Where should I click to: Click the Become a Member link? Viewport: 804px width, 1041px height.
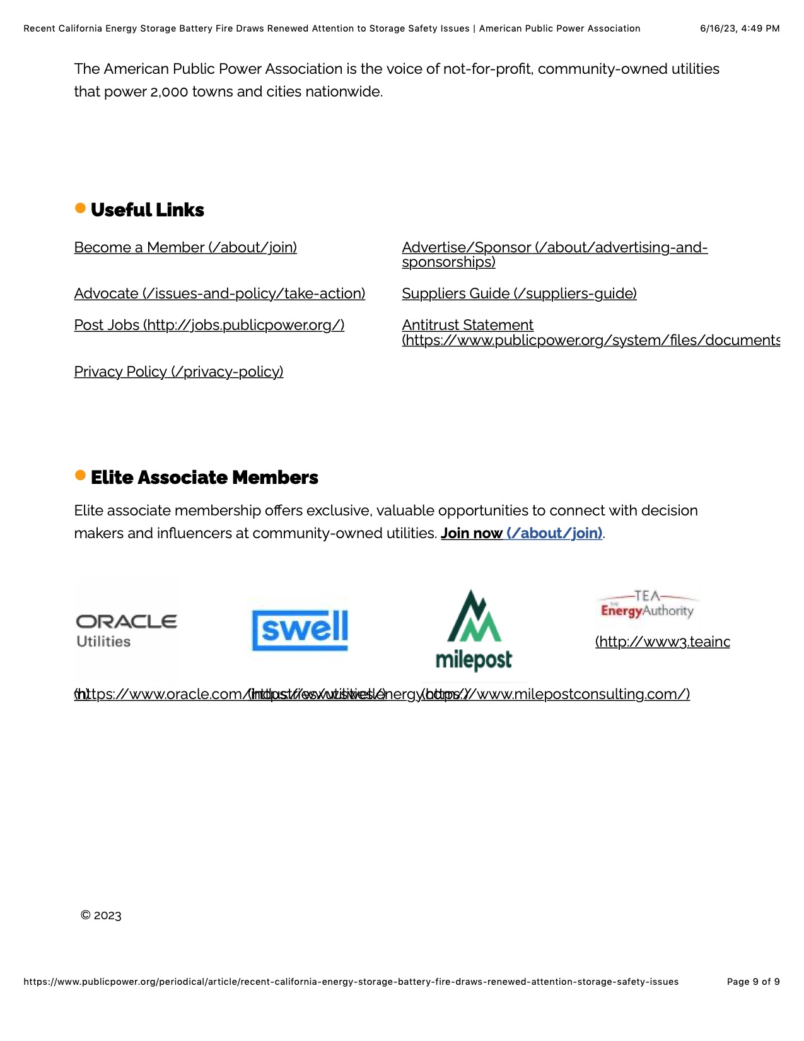coord(185,247)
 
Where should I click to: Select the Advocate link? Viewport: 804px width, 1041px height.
coord(219,293)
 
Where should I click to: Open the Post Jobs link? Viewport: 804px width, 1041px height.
coord(209,325)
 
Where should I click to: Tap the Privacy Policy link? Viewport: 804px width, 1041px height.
coord(178,372)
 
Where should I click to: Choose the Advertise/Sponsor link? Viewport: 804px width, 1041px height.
coord(554,248)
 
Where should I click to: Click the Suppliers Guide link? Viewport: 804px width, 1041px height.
coord(519,293)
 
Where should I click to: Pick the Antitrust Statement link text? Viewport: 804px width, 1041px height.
coord(467,325)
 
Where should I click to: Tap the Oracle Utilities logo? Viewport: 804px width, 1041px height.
coord(126,630)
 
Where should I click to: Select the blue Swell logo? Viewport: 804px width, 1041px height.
coord(300,629)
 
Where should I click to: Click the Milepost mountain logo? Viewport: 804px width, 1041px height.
coord(474,630)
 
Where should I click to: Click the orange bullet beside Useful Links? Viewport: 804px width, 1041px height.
coord(80,208)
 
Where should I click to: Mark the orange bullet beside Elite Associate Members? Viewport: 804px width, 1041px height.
coord(80,475)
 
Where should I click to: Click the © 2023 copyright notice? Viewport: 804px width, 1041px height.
coord(101,915)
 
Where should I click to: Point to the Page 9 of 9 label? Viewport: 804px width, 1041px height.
coord(753,982)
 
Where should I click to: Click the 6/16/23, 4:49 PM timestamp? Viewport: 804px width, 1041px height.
coord(740,28)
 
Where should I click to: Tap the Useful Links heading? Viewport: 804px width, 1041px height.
coord(147,210)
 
